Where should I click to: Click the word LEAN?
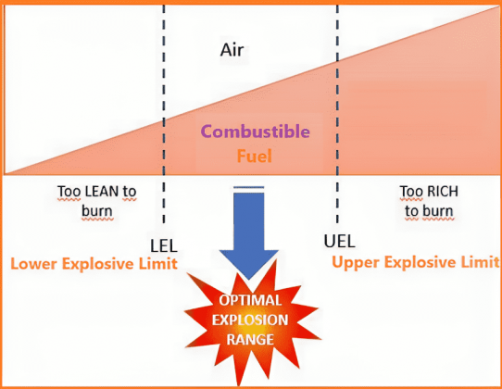95,192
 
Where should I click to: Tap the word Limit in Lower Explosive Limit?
161,264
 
